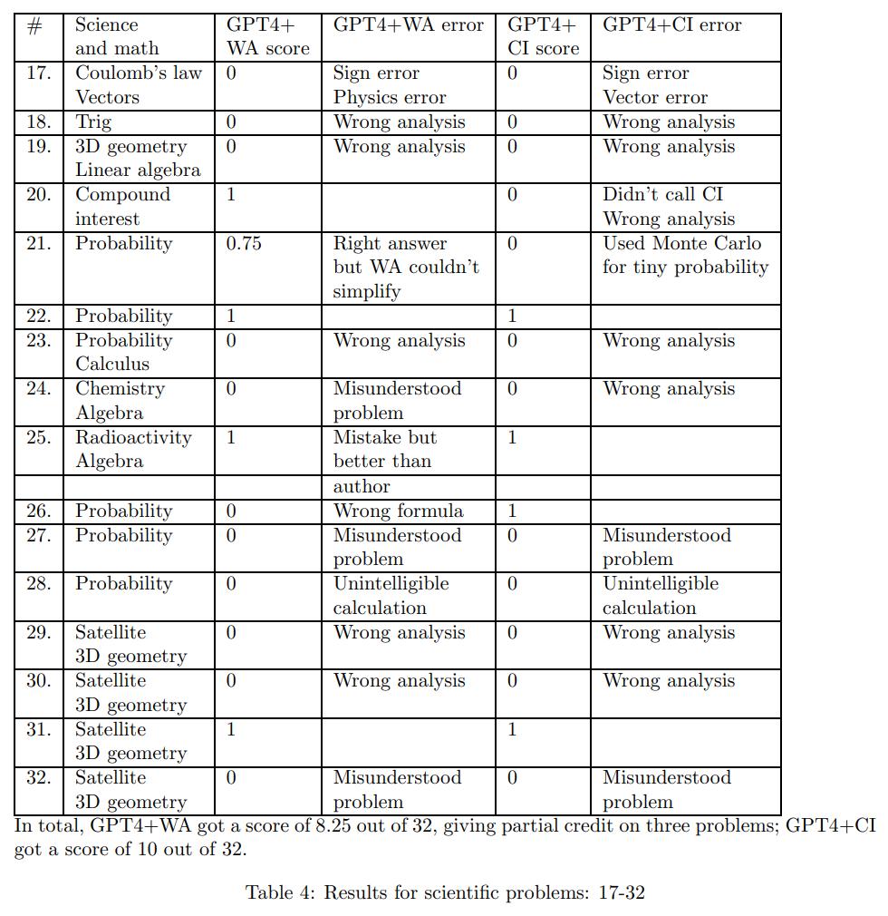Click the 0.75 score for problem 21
(x=244, y=243)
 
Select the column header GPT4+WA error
(x=408, y=25)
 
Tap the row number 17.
(x=38, y=73)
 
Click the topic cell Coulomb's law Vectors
(x=138, y=85)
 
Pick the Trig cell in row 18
(x=93, y=122)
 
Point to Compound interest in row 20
(x=122, y=207)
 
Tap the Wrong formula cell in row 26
(x=398, y=511)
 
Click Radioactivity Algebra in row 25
(x=133, y=449)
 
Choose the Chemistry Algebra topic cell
(x=120, y=401)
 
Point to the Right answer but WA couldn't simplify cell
(x=405, y=268)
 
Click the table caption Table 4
(x=444, y=892)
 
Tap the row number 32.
(x=38, y=778)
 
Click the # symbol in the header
(x=35, y=25)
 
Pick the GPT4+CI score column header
(x=542, y=37)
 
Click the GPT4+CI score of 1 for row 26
(x=512, y=511)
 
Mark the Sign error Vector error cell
(x=654, y=85)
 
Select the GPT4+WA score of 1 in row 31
(x=231, y=729)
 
